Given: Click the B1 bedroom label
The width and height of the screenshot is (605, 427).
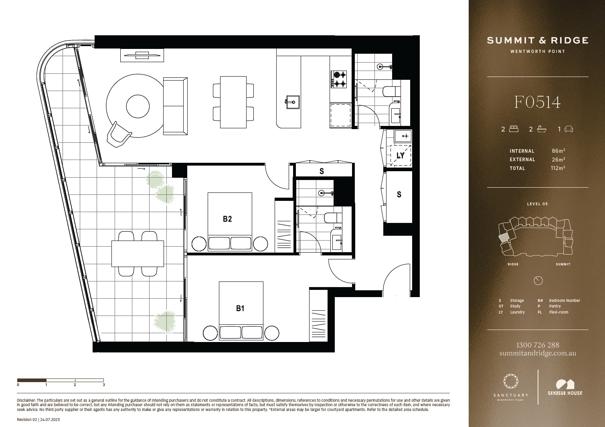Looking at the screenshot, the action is [240, 308].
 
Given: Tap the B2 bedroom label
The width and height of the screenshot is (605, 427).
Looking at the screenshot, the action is [227, 219].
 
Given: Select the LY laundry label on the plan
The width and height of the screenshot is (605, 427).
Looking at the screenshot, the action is [400, 156].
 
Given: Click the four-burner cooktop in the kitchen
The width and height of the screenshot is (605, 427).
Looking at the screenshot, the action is [339, 79].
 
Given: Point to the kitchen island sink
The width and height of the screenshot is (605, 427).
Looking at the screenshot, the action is [293, 102].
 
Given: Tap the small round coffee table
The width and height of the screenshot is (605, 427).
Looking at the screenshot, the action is [138, 106].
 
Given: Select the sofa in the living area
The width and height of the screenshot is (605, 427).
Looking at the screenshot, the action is [175, 106].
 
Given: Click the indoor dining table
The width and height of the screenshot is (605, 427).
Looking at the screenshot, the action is [233, 102].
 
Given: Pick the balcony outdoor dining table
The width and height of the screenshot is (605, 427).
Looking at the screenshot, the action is [138, 254].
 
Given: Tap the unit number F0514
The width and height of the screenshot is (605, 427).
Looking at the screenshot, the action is [538, 102].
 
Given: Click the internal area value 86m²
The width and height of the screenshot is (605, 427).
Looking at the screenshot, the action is [558, 151].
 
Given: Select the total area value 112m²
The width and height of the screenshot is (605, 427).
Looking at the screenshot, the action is [558, 168].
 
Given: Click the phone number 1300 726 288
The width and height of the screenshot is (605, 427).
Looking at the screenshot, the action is [538, 345].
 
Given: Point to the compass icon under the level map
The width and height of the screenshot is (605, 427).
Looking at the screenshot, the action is [538, 281].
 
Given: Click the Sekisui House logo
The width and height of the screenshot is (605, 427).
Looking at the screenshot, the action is [565, 388].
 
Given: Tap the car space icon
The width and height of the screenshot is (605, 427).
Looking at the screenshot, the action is [569, 129].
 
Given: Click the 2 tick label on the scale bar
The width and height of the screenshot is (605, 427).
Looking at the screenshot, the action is [75, 385].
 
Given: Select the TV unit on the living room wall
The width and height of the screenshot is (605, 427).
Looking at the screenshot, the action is [142, 55].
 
